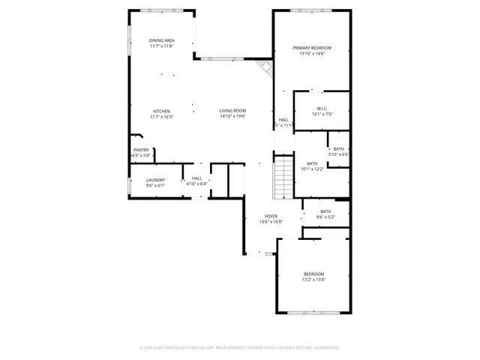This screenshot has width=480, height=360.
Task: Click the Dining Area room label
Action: click(x=161, y=40)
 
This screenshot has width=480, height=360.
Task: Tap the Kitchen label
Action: click(x=161, y=111)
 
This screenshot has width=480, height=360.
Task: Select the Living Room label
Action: click(x=232, y=111)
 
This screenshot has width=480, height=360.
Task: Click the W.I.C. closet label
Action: click(x=322, y=108)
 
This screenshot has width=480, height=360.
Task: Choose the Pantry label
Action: click(x=141, y=150)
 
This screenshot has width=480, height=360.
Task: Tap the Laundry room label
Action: click(x=155, y=180)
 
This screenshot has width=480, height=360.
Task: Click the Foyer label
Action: click(x=271, y=216)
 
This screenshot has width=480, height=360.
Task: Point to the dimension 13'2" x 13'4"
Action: click(x=313, y=280)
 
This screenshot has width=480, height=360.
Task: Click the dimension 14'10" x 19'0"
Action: click(x=232, y=116)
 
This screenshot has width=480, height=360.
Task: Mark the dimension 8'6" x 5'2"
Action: click(x=325, y=217)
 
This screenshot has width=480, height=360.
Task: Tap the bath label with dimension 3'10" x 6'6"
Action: click(x=339, y=148)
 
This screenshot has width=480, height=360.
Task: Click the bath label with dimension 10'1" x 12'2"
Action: click(x=312, y=163)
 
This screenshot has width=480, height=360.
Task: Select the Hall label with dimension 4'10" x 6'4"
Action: click(x=196, y=178)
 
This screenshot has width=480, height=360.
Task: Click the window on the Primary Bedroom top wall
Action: click(x=310, y=10)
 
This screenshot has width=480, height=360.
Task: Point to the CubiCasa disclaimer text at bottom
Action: click(x=240, y=348)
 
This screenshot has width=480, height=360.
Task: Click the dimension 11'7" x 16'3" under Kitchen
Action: click(x=161, y=116)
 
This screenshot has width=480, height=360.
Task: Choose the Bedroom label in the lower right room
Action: click(x=313, y=274)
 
